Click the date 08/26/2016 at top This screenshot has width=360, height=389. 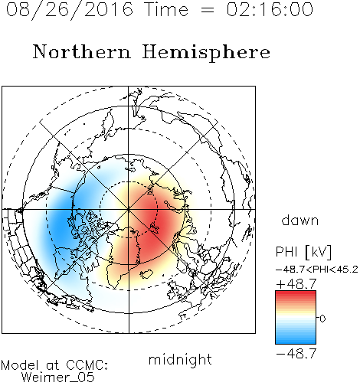pos(69,10)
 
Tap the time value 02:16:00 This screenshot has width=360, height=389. pos(270,9)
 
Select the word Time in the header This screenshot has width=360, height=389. pos(166,9)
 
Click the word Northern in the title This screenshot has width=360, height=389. pos(82,51)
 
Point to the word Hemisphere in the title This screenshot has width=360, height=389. pos(206,53)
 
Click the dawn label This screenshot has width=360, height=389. pos(300,220)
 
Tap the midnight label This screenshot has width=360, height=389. pos(180,359)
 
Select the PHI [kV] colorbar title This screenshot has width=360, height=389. pos(303,252)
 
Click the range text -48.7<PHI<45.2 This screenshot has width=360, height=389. pos(317,270)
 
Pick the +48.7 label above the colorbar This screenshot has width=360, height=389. pos(296,284)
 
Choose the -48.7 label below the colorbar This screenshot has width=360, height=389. pos(296,354)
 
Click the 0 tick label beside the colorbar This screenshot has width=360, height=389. pos(322,319)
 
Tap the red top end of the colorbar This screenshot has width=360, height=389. pos(296,293)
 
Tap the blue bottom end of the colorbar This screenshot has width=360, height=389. pos(296,342)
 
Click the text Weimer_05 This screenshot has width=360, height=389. pos(58,378)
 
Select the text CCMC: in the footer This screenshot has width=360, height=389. pos(87,364)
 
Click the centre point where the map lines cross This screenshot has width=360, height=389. pos(129,209)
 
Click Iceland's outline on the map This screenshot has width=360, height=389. pos(146,274)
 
